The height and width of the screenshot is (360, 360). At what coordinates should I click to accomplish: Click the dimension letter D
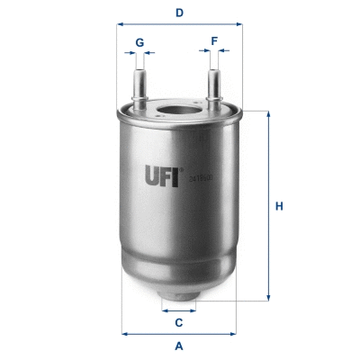[180, 13]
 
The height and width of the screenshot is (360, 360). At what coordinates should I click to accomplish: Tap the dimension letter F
[213, 40]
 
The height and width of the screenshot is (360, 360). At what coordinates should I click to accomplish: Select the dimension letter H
[280, 207]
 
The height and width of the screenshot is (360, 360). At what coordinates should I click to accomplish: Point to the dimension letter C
[179, 322]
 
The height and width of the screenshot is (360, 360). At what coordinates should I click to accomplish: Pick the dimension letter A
[179, 346]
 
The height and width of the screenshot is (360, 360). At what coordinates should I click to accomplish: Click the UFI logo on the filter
[164, 172]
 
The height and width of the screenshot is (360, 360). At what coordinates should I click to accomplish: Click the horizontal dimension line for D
[180, 26]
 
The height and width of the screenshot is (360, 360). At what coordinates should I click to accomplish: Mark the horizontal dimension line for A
[179, 334]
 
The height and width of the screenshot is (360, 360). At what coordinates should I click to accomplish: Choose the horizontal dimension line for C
[179, 310]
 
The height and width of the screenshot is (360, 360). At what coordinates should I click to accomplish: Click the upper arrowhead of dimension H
[267, 114]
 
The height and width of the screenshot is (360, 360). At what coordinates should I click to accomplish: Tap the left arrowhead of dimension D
[120, 26]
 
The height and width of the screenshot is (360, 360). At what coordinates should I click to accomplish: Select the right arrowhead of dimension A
[237, 334]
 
